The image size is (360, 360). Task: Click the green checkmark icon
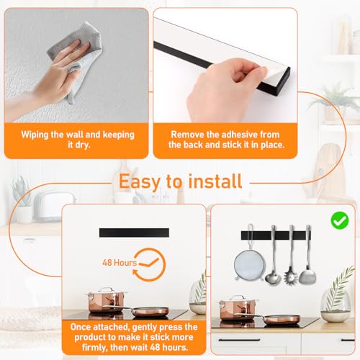coord(340,220)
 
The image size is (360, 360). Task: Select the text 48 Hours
coord(120,263)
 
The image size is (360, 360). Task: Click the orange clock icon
coord(149,265)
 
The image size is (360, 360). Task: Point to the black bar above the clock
coord(134,233)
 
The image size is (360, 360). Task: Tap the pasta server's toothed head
coord(291,277)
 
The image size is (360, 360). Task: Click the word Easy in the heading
coord(140,181)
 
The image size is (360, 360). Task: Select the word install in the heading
coord(215,181)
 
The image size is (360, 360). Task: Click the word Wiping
coord(35,135)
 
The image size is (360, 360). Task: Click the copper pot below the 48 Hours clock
coord(106,300)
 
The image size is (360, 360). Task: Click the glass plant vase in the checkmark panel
coord(336,305)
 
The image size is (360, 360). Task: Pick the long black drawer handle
coord(239,340)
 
